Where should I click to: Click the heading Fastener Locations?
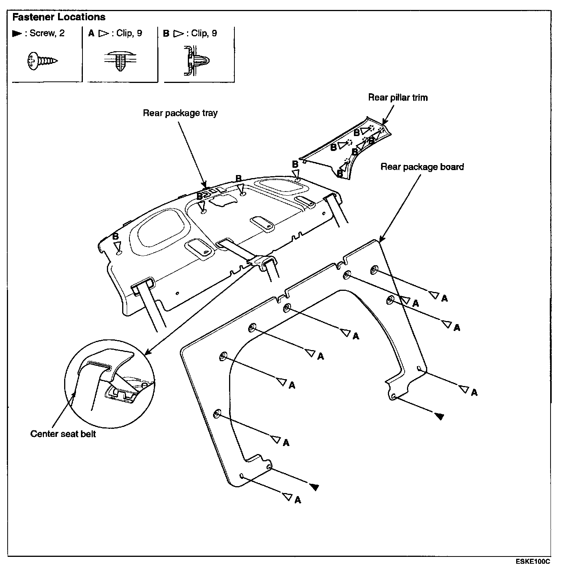59,17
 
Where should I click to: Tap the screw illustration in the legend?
42,61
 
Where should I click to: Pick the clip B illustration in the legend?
197,60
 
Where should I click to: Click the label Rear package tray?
180,113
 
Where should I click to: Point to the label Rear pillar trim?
397,97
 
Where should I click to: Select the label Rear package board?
422,167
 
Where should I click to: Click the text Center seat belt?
63,434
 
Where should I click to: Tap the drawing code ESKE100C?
533,561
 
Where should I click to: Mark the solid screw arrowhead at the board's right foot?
439,416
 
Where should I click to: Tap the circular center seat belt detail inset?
110,383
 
